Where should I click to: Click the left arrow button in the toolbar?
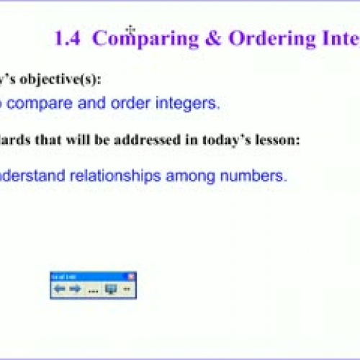coord(59,289)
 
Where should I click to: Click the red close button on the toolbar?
coord(130,276)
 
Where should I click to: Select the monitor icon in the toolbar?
coord(111,289)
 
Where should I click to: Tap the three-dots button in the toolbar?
coord(93,290)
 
